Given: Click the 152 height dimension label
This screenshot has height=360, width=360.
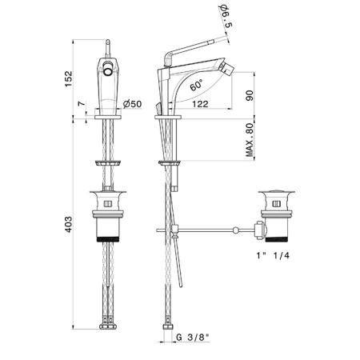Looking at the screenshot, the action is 69,78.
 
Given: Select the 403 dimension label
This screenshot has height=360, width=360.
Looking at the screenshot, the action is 69,224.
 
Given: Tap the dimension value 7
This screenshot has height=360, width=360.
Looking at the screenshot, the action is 82,103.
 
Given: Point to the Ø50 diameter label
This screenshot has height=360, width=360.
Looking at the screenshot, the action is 132,104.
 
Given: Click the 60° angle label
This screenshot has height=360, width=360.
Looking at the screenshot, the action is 197,86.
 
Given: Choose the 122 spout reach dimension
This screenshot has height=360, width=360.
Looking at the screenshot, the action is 200,104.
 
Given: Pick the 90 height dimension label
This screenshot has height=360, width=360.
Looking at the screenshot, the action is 250,95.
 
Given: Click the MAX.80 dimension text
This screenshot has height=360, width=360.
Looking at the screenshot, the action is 250,139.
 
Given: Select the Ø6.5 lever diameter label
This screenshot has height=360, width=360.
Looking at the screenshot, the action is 226,16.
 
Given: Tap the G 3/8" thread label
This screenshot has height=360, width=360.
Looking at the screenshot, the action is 193,338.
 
